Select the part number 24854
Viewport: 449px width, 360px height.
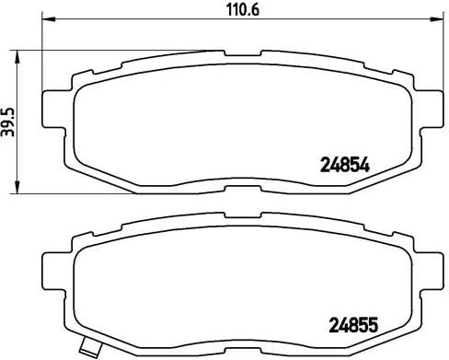(343, 168)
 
